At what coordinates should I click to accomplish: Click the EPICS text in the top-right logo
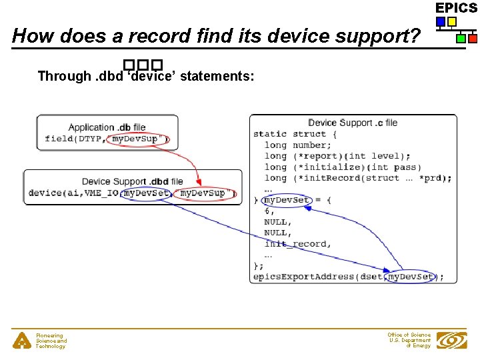(x=457, y=8)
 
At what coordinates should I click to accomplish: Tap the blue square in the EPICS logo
(x=441, y=21)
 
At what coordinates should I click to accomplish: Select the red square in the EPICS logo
(x=472, y=39)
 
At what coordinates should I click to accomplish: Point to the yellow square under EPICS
(x=452, y=21)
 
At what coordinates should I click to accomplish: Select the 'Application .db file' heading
(x=107, y=127)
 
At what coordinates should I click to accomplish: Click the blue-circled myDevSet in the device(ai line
(x=147, y=193)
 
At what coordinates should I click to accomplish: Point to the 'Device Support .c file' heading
(x=353, y=123)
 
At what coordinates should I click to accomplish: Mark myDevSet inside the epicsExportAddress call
(x=410, y=277)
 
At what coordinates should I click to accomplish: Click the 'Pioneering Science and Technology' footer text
(x=51, y=341)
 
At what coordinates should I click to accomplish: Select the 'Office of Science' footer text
(x=409, y=335)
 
